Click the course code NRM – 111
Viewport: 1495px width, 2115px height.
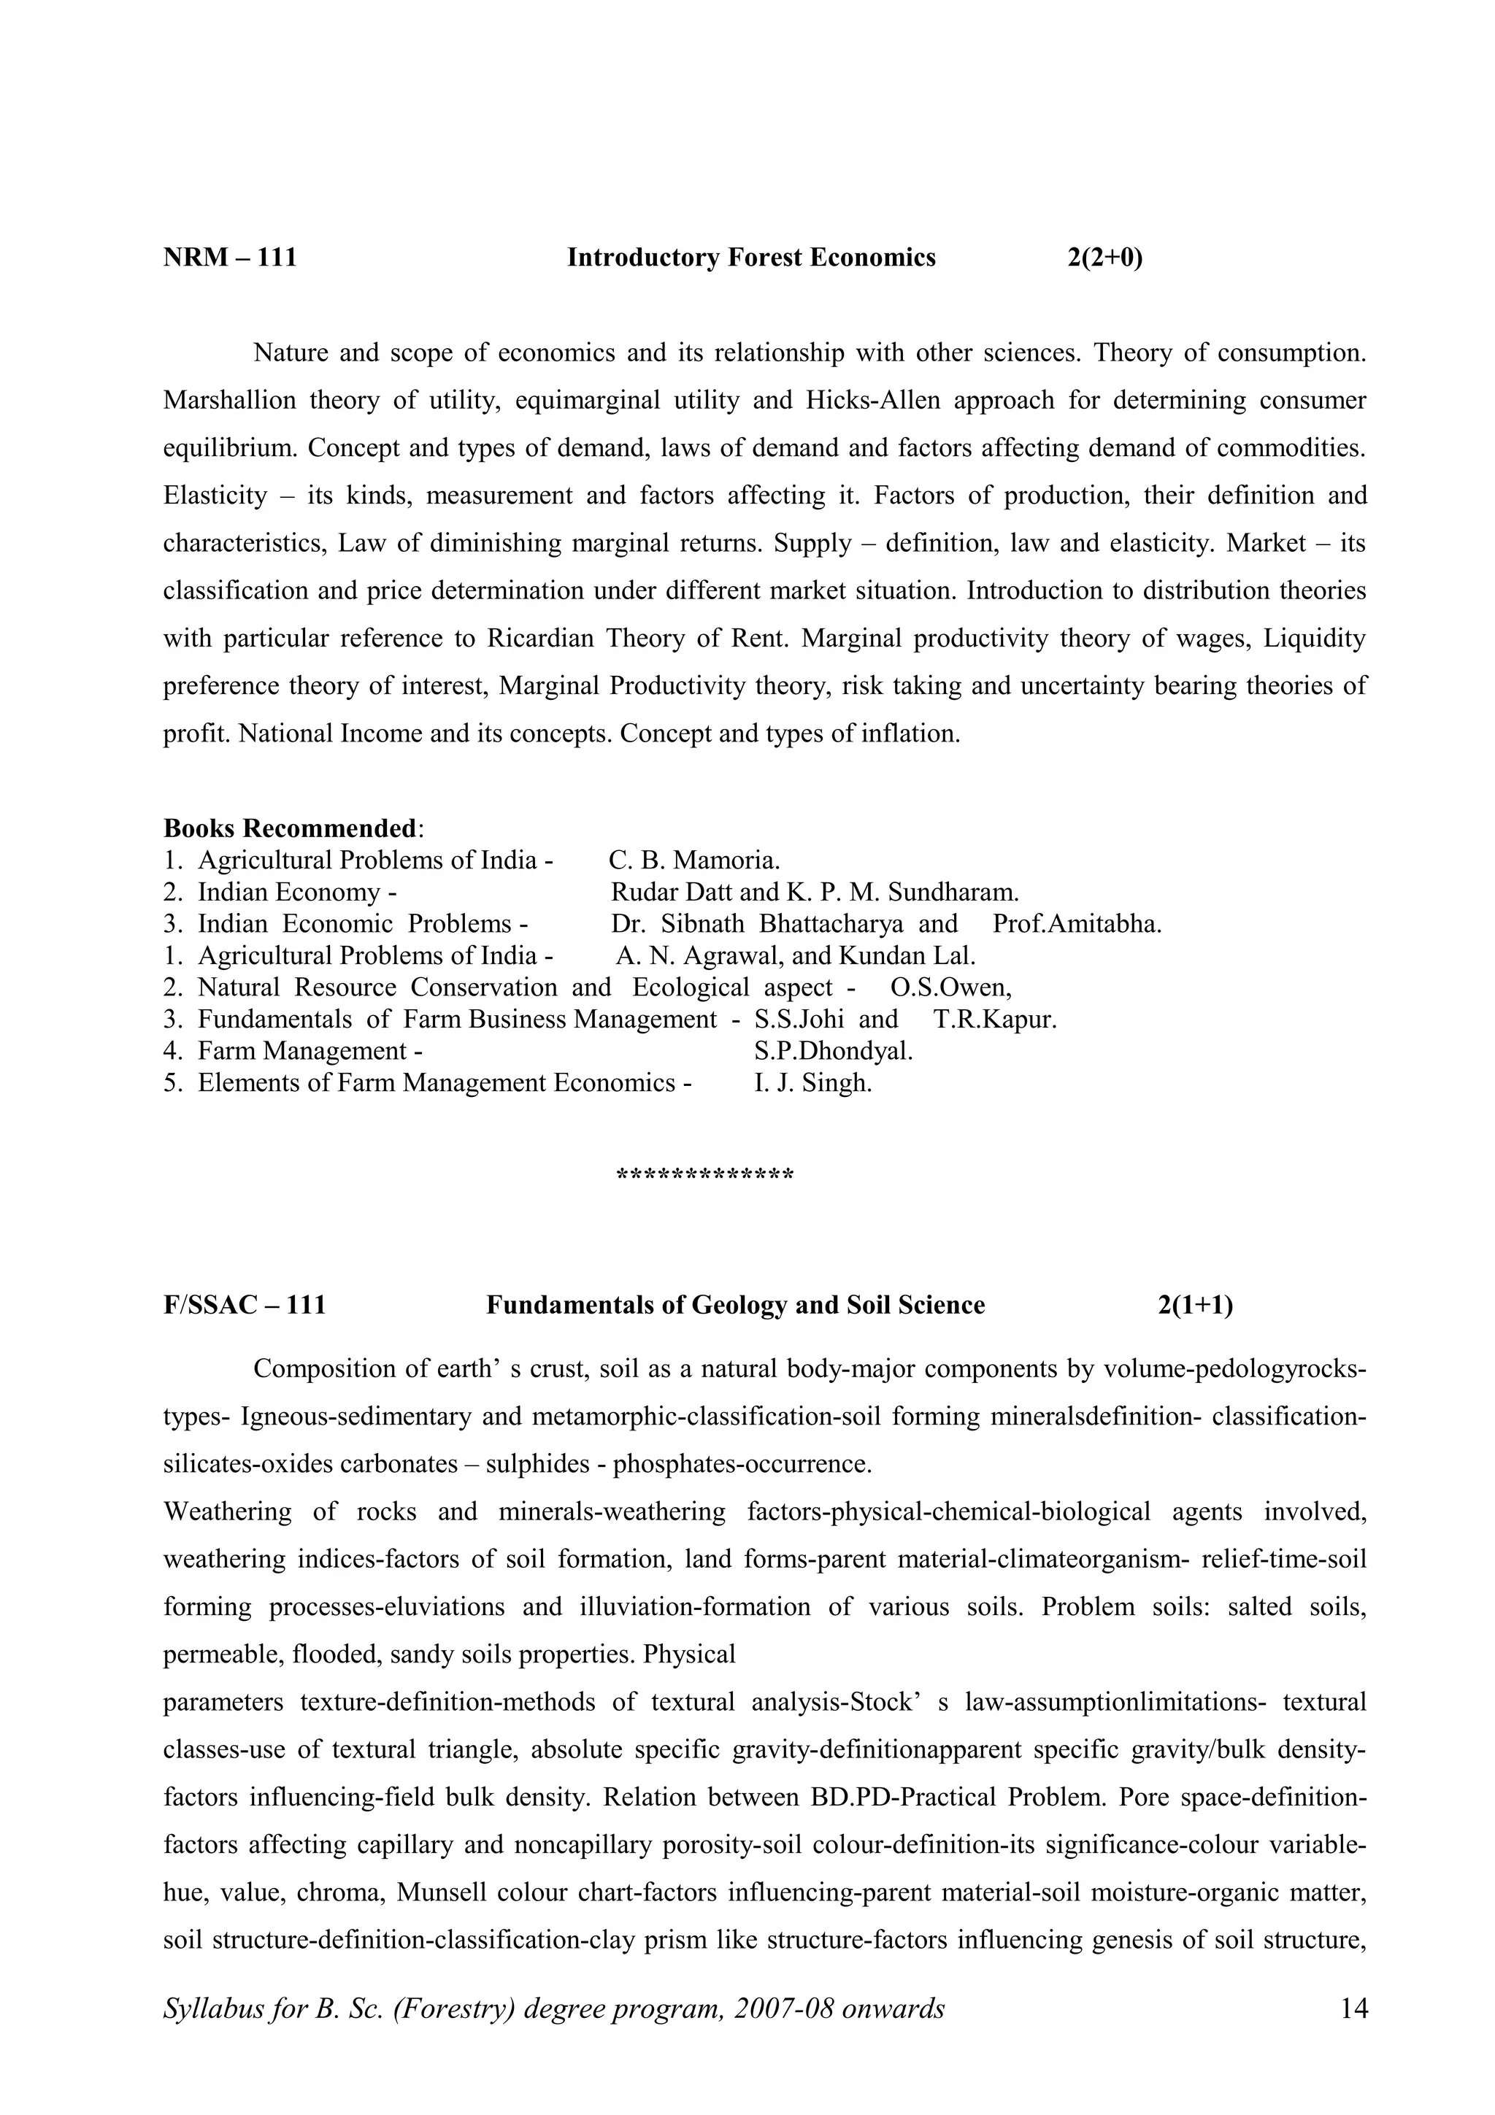click(230, 258)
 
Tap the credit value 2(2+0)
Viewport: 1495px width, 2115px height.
click(1104, 258)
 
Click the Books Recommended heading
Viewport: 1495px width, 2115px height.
click(290, 828)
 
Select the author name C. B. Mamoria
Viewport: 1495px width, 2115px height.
click(694, 860)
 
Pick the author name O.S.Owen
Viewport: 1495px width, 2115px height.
click(950, 987)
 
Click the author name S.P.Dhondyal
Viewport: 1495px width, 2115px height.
click(833, 1051)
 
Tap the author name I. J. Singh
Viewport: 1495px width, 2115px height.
click(812, 1083)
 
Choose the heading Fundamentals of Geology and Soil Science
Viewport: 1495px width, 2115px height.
click(735, 1306)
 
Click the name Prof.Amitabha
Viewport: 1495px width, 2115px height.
click(1077, 924)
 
